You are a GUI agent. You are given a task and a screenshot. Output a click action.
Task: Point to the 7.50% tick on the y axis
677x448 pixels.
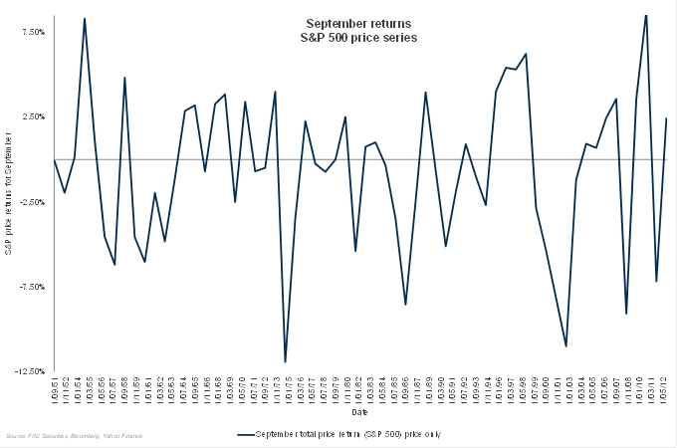(x=31, y=32)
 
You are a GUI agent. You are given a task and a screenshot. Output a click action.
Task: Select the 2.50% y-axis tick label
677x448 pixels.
(x=31, y=116)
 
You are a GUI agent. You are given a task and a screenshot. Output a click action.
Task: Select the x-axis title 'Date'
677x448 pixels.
(x=358, y=411)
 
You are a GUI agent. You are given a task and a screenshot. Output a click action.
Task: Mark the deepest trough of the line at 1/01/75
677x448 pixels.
(x=285, y=361)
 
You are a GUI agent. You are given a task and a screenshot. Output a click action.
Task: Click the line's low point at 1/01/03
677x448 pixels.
(x=566, y=345)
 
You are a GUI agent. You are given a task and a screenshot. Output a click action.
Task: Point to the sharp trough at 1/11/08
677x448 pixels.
(x=626, y=314)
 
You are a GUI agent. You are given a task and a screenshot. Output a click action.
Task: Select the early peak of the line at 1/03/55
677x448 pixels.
(x=85, y=18)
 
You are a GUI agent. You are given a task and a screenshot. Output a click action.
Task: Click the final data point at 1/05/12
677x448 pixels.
(x=665, y=118)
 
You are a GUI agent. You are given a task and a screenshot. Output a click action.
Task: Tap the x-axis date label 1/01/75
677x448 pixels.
(x=286, y=386)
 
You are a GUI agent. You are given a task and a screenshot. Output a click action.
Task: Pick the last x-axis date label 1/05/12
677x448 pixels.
(x=664, y=386)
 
